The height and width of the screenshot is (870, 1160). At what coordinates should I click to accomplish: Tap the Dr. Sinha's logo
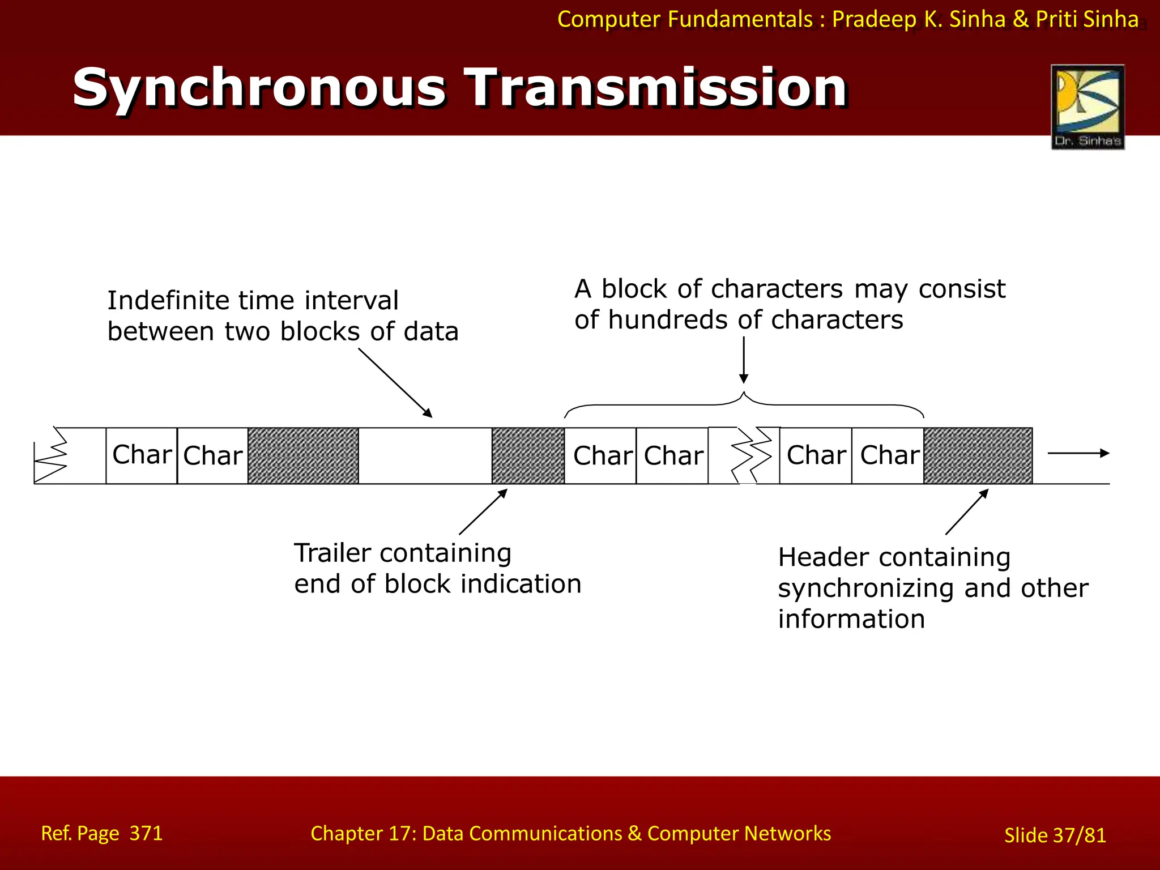tap(1087, 107)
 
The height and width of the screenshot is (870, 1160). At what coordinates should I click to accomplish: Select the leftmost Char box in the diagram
tap(142, 455)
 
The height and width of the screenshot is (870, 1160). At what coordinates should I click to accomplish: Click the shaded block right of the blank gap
tap(528, 455)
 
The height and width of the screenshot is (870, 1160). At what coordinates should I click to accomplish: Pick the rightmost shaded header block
tap(978, 455)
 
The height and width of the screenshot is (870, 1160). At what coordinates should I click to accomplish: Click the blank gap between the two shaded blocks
tap(425, 455)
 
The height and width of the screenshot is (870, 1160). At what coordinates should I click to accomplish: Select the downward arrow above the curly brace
tap(744, 360)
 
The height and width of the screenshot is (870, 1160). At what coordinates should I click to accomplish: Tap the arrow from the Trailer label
tap(483, 512)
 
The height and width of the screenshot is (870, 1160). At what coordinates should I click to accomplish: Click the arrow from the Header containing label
tap(967, 512)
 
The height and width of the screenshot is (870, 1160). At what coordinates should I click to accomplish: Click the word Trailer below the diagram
tap(332, 553)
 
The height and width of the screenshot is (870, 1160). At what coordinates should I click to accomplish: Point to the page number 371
tap(146, 833)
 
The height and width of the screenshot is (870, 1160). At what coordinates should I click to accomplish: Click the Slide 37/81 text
tap(1055, 835)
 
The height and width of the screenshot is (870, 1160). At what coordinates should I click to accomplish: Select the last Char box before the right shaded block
tap(888, 455)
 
